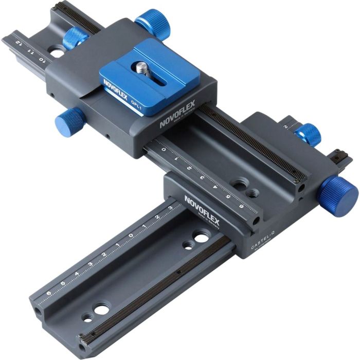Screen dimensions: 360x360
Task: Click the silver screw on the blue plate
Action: tap(141, 65)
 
